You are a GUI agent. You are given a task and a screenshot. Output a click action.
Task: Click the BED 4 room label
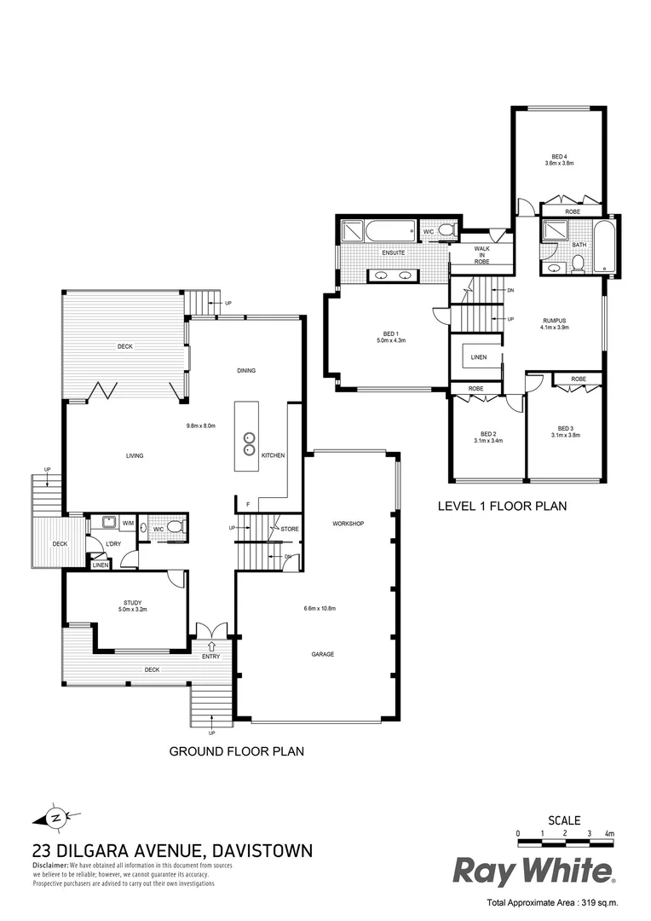559,157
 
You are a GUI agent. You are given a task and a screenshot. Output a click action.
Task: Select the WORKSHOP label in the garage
349,523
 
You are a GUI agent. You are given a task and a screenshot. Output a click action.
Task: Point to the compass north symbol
55,817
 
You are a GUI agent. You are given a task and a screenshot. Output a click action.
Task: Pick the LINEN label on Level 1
479,357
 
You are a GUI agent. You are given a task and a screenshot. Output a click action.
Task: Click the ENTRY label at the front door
210,656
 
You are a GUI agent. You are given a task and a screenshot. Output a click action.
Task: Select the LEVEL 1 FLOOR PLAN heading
502,506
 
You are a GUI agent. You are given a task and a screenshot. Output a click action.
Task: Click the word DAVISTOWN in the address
262,850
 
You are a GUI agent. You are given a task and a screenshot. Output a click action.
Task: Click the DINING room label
246,370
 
